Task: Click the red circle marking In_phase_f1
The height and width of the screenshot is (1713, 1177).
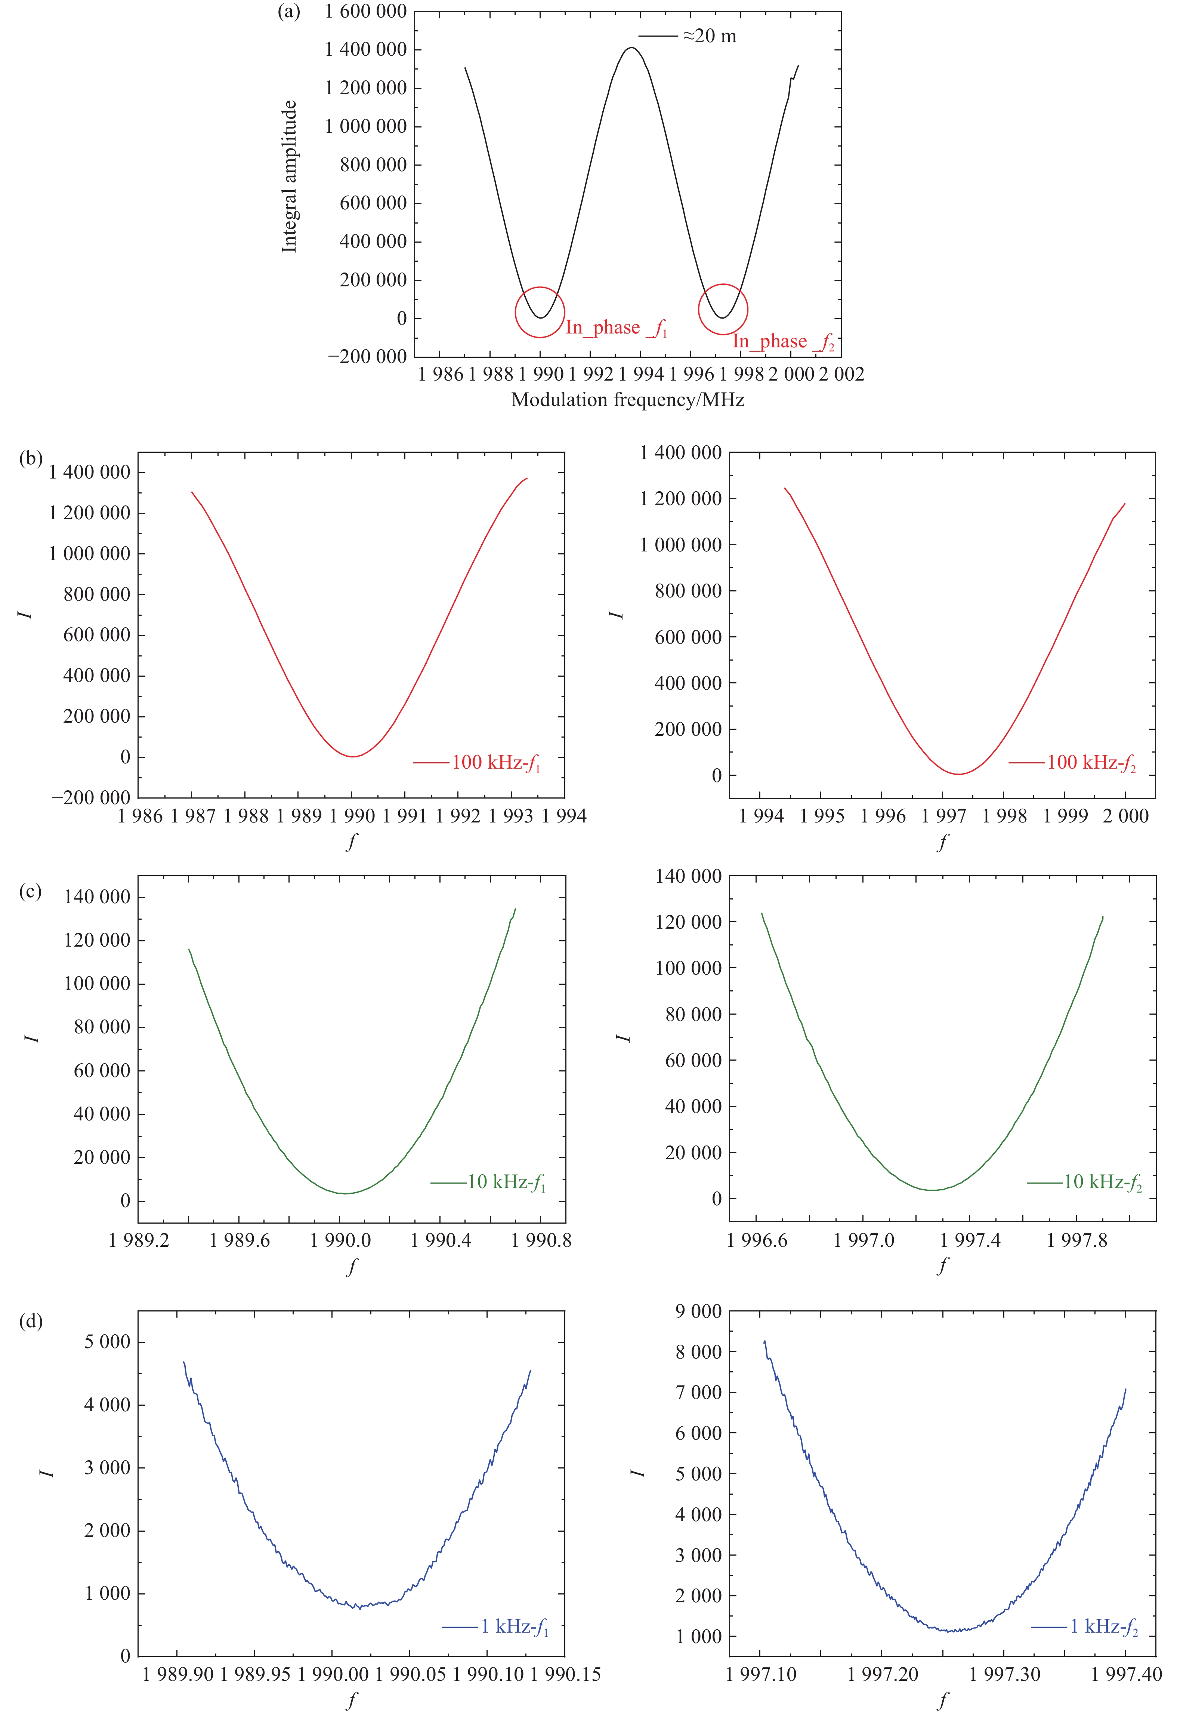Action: pyautogui.click(x=540, y=312)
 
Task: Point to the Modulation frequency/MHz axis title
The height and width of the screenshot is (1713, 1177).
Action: pyautogui.click(x=628, y=400)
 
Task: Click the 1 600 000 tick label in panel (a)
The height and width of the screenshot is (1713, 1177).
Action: pyautogui.click(x=366, y=11)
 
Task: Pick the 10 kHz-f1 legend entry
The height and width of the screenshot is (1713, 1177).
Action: pyautogui.click(x=488, y=1182)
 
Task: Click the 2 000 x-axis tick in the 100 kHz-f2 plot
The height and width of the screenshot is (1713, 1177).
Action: pyautogui.click(x=1125, y=816)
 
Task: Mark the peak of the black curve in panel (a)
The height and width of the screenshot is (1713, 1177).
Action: pyautogui.click(x=631, y=48)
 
